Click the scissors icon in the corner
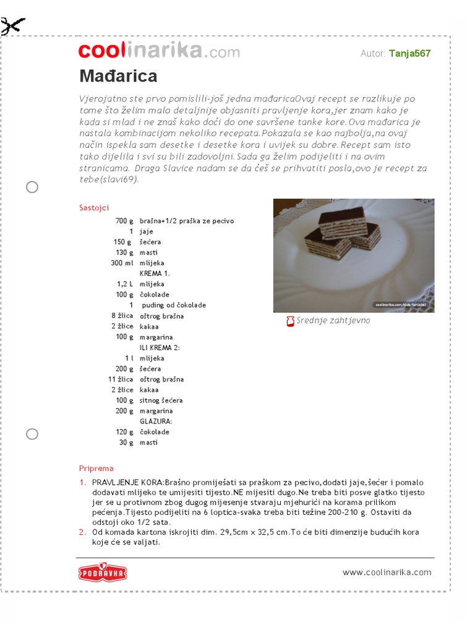click(x=12, y=27)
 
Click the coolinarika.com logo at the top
click(x=159, y=52)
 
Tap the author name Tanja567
click(x=409, y=53)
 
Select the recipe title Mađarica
click(x=118, y=76)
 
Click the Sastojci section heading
click(x=94, y=208)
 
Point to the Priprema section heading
click(x=96, y=468)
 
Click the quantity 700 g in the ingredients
click(x=124, y=221)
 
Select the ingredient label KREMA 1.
click(x=155, y=273)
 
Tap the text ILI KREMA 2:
click(x=160, y=347)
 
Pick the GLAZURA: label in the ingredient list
click(x=156, y=421)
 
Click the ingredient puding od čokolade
click(x=174, y=305)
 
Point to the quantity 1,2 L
click(x=125, y=284)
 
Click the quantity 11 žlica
click(x=120, y=379)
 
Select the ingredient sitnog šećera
click(x=161, y=400)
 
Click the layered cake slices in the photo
click(x=343, y=234)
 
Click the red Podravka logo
click(x=103, y=572)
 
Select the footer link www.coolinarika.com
click(x=387, y=572)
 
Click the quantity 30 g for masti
click(x=126, y=442)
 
